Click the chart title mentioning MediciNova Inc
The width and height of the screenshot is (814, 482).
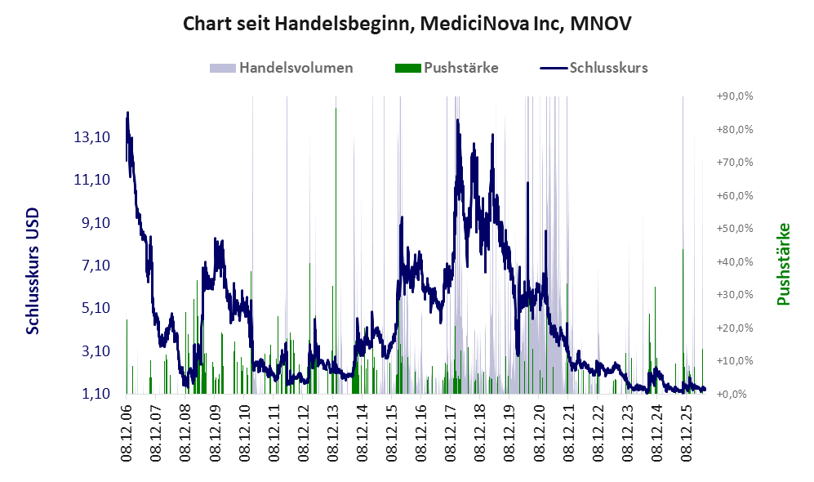[x=407, y=24]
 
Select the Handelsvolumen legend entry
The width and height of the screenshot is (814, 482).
[x=282, y=68]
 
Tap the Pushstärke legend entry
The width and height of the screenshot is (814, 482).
[x=447, y=68]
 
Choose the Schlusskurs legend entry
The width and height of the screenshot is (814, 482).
[x=594, y=68]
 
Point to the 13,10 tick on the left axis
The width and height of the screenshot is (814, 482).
[x=92, y=137]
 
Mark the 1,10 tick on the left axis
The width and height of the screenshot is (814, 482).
[x=96, y=394]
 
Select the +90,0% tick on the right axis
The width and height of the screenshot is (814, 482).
[x=735, y=96]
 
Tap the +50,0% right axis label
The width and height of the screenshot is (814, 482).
[x=735, y=229]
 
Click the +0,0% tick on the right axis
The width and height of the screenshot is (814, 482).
[x=732, y=395]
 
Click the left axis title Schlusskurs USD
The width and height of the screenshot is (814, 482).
[x=33, y=271]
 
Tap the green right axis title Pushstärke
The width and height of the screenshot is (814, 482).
[x=783, y=264]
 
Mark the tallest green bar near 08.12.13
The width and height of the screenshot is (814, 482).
[x=336, y=250]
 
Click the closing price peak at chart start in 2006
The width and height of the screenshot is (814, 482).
[x=127, y=113]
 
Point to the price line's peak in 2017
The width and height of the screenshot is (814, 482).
[x=457, y=121]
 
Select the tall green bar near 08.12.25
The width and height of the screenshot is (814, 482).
[x=683, y=322]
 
